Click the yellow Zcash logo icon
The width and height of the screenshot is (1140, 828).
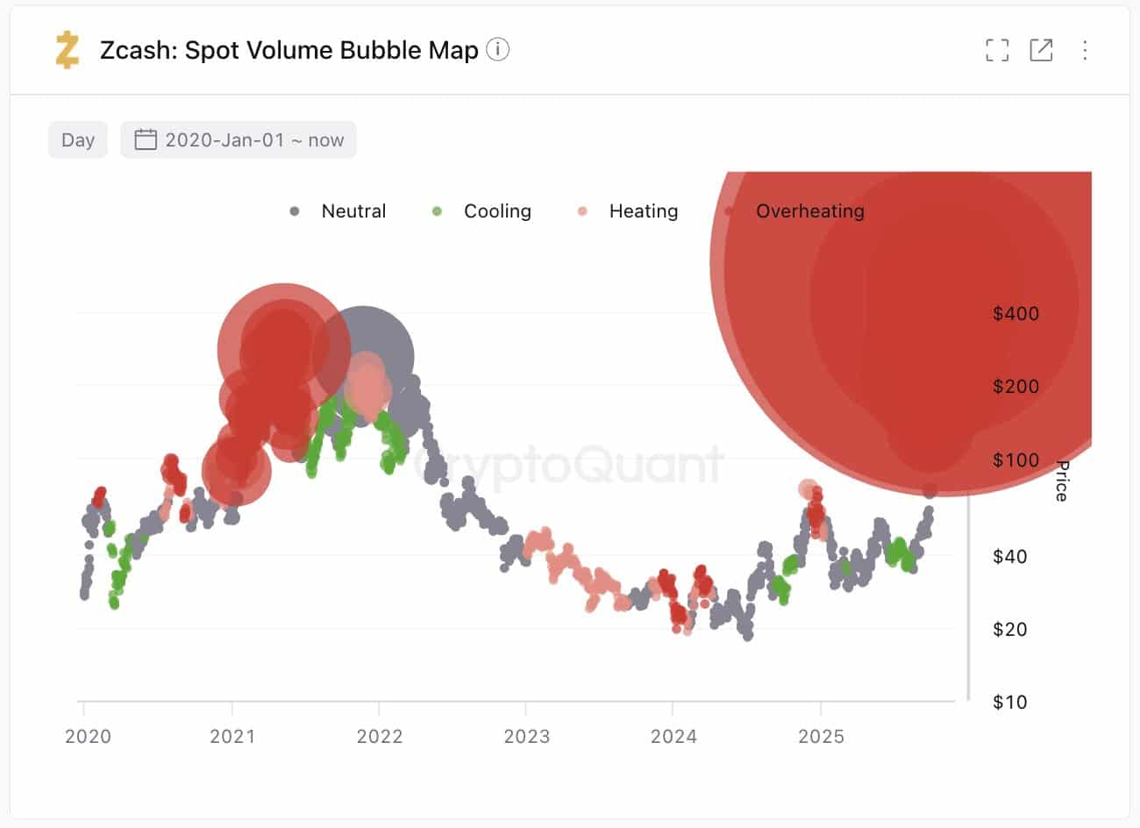point(67,50)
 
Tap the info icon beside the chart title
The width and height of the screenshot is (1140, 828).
point(498,50)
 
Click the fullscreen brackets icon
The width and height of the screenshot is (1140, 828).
point(997,50)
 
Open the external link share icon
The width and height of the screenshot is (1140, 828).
point(1041,50)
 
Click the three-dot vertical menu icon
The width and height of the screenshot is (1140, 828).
point(1085,50)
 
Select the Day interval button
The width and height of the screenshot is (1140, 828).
point(78,140)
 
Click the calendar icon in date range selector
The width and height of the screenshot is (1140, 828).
point(146,140)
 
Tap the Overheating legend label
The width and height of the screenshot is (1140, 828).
point(809,211)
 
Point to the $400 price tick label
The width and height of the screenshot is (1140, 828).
point(1015,314)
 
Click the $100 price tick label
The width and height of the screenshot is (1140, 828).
point(1015,460)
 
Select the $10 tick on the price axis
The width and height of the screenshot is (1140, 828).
point(1009,702)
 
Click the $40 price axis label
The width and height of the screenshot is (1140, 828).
point(1009,556)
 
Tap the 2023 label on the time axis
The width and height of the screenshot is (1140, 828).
point(526,737)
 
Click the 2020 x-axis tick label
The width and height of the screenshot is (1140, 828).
point(88,737)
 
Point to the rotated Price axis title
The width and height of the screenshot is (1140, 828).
point(1062,481)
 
